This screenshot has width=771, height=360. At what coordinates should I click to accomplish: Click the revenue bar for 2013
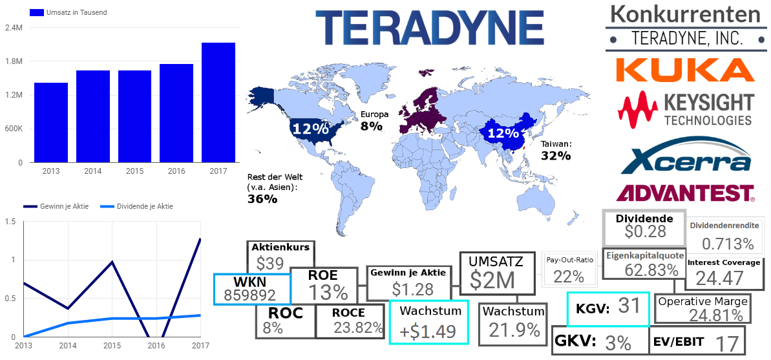[51, 122]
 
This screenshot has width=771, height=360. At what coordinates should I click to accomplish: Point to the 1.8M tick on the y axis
[14, 61]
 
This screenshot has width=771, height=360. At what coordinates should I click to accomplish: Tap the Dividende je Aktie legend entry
[135, 206]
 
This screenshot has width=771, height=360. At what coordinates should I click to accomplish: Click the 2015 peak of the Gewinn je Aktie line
[112, 262]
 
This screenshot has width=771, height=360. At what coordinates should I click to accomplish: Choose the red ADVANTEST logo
[685, 192]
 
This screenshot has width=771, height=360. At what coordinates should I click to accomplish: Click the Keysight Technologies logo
[685, 109]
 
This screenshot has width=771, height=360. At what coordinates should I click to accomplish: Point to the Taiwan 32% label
[556, 151]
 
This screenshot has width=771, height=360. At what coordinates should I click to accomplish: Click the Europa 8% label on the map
[374, 121]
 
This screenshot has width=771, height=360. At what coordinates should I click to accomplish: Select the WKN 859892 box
[252, 289]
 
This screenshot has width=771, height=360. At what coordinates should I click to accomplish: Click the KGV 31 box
[607, 309]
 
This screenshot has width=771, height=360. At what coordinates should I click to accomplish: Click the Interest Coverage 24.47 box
[723, 273]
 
